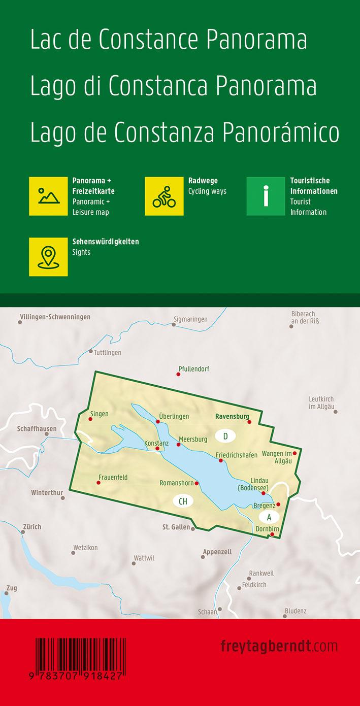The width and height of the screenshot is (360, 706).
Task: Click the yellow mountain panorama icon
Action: [48, 196]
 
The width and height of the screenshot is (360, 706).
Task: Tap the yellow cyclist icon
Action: [164, 196]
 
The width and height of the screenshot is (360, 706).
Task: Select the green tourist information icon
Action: [266, 196]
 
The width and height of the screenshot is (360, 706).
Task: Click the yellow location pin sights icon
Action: [48, 257]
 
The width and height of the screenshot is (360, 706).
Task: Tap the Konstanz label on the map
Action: [156, 443]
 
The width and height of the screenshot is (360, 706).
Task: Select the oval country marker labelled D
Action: [225, 435]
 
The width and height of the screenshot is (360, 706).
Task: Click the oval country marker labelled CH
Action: [183, 501]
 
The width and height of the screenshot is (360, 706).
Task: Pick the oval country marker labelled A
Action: [269, 517]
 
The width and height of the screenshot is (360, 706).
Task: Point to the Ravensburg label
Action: [232, 417]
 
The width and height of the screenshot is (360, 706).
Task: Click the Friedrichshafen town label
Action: [236, 455]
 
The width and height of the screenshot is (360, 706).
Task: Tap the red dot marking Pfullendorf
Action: [178, 375]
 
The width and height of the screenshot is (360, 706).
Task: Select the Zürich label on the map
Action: [31, 527]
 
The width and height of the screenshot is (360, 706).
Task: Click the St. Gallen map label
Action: [176, 527]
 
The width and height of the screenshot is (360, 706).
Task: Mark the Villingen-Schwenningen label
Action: [55, 317]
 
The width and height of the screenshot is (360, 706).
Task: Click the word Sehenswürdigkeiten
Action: [106, 242]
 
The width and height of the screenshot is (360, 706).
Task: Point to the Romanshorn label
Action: [176, 483]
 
